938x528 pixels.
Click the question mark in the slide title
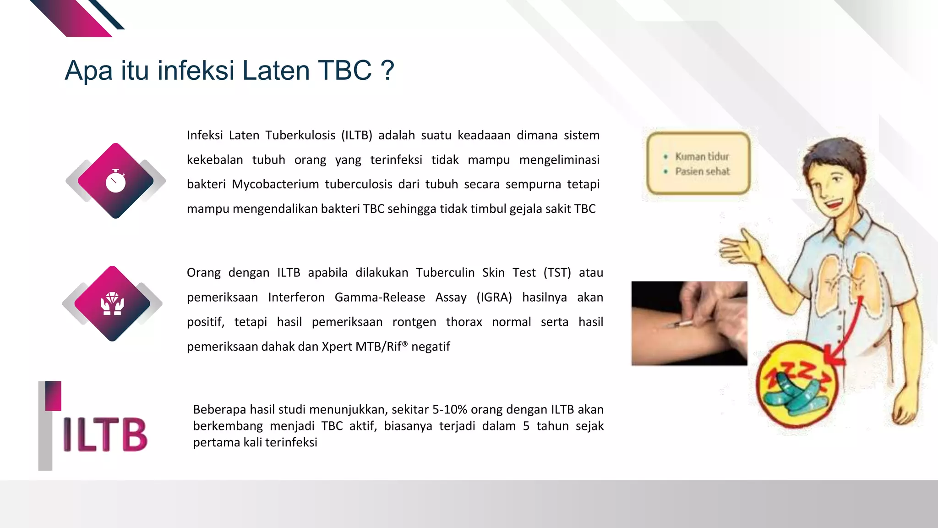coord(387,71)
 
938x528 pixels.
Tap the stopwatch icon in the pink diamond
coord(115,181)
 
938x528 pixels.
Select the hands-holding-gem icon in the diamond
coord(112,304)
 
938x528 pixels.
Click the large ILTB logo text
coord(105,434)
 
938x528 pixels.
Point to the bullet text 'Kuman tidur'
coord(702,157)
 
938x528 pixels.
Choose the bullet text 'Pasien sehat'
coord(702,171)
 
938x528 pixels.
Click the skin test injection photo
coord(689,323)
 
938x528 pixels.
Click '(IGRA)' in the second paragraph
coord(494,297)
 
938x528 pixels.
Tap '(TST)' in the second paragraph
coord(557,273)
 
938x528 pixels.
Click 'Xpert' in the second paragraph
coord(337,346)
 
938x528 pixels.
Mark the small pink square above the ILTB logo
coord(53,396)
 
